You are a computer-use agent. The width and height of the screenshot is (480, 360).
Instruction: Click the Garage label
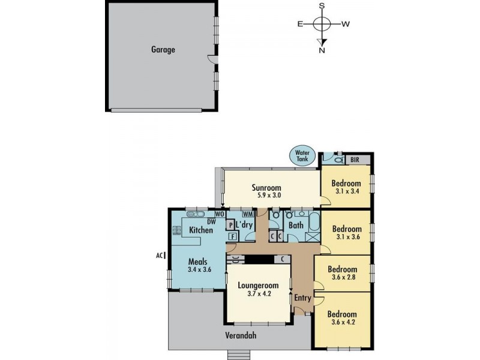[x=163, y=50]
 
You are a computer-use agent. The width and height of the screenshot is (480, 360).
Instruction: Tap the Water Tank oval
[x=301, y=156]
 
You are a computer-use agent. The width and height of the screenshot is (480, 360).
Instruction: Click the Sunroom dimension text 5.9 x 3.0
[x=266, y=196]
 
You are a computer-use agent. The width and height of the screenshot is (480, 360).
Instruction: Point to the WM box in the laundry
[x=247, y=214]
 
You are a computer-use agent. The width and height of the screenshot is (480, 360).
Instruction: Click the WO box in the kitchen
[x=220, y=214]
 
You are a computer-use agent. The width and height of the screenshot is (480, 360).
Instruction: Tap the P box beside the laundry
[x=230, y=225]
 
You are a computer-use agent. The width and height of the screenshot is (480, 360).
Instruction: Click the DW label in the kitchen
[x=211, y=220]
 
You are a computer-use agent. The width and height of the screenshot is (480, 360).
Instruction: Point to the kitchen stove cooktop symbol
[x=177, y=229]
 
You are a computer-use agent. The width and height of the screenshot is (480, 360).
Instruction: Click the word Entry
[x=302, y=298]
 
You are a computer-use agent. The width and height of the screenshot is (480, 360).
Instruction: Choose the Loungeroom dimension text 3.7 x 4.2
[x=260, y=294]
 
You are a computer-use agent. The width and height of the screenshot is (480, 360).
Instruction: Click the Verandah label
[x=241, y=335]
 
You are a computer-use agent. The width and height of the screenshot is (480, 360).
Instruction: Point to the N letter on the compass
[x=322, y=50]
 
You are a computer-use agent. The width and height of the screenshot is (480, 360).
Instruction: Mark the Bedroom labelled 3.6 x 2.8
[x=342, y=274]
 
